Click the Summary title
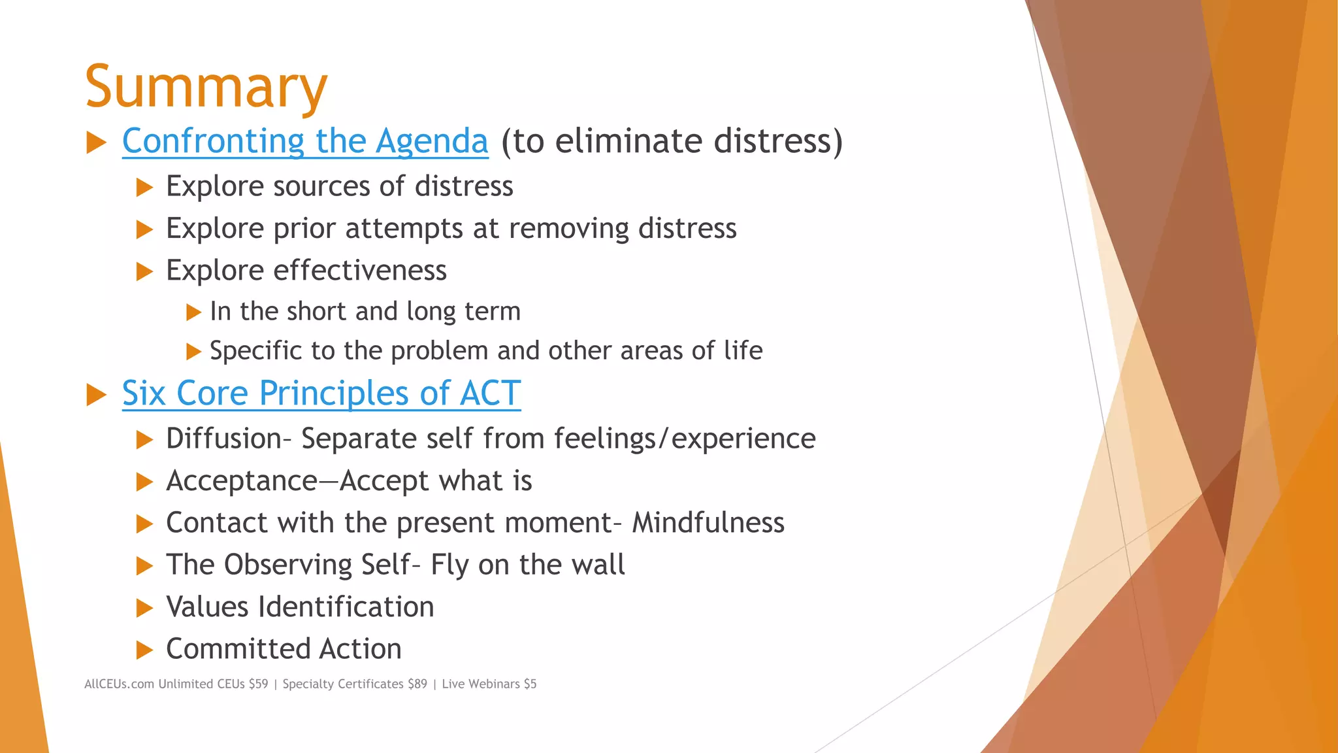click(206, 86)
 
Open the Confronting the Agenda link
click(305, 141)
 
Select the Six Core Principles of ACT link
click(321, 393)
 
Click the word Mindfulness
click(708, 523)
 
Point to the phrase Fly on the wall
click(527, 565)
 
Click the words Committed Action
click(284, 649)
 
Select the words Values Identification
click(300, 607)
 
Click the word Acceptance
click(242, 481)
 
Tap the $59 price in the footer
click(258, 684)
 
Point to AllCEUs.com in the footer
click(119, 684)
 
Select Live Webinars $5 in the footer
click(489, 684)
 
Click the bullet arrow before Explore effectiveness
click(144, 271)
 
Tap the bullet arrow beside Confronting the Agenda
click(96, 142)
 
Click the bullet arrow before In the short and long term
click(193, 312)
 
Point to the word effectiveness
click(360, 271)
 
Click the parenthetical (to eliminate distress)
click(672, 141)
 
